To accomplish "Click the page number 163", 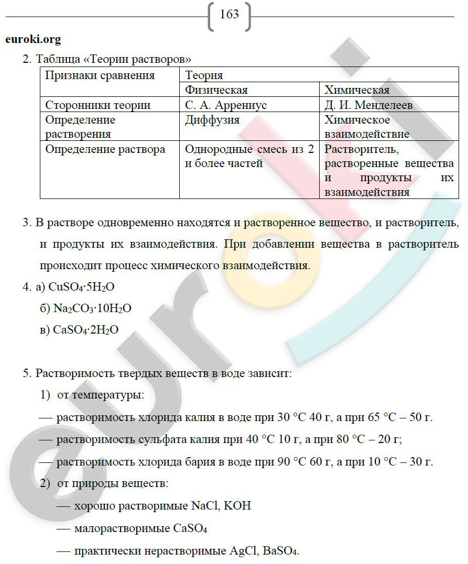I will [230, 14].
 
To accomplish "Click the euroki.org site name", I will [33, 39].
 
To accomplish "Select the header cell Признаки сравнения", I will [100, 75].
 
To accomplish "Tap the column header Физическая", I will [216, 90].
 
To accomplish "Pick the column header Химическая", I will [357, 90].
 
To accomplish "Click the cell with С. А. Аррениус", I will [226, 105].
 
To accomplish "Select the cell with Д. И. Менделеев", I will [368, 105].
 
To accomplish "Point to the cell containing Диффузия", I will [212, 120].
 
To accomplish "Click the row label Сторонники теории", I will [98, 105].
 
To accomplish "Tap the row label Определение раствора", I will [105, 149].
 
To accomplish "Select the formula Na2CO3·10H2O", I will [92, 308].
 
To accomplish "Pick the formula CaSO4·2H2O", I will [86, 330].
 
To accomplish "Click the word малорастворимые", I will [122, 529].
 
